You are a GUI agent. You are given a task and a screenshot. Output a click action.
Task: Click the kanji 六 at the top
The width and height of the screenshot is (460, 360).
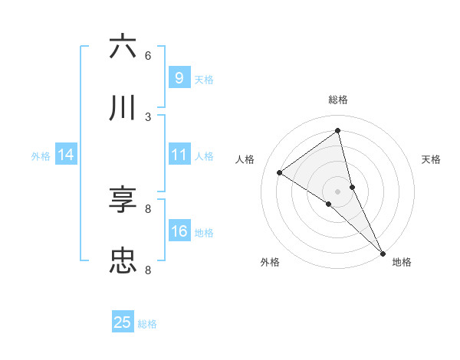[123, 47]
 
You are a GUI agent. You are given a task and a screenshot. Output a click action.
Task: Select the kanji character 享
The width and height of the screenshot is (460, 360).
[123, 200]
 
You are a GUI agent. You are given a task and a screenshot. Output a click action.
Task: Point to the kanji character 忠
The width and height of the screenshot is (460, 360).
[123, 261]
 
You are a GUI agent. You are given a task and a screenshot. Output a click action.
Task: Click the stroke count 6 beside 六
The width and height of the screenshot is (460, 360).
[148, 55]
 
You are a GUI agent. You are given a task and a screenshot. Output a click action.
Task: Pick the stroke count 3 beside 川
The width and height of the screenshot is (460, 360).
[148, 116]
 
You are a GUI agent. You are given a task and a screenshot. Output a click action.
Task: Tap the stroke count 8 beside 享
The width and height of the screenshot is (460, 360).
[148, 208]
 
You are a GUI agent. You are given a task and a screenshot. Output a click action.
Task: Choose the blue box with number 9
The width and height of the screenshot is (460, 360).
[179, 78]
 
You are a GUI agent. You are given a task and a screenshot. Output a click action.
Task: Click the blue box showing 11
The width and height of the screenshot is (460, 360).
[179, 155]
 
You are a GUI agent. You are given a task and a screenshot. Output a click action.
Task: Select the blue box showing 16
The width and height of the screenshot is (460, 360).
[179, 231]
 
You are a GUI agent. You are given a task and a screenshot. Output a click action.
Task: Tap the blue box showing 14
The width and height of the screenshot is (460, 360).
[65, 155]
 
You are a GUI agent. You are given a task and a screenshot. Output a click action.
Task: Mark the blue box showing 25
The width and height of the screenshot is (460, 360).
[123, 322]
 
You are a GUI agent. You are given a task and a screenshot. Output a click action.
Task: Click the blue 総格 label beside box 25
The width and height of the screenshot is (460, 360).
[147, 324]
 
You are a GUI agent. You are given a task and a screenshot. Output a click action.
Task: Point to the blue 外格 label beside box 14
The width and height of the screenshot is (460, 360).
[41, 156]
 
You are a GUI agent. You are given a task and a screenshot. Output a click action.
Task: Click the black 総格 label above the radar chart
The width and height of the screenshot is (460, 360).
[338, 100]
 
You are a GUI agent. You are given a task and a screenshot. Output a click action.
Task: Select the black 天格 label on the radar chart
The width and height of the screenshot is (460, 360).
[432, 159]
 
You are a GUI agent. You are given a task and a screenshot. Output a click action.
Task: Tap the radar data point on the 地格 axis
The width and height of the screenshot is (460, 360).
[383, 252]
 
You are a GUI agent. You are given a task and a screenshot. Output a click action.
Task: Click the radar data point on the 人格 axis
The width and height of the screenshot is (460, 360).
[279, 172]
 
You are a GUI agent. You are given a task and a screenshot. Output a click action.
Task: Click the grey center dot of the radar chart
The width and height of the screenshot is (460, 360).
[338, 191]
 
